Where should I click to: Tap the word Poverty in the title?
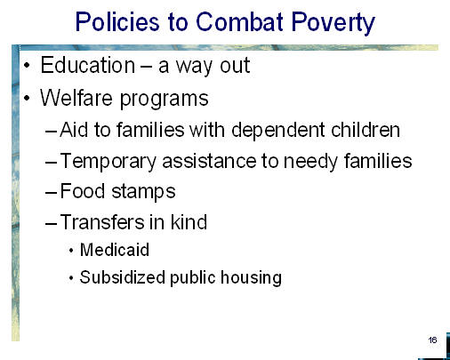pyautogui.click(x=333, y=22)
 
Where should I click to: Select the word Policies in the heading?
pyautogui.click(x=117, y=21)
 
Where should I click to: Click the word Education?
pyautogui.click(x=87, y=65)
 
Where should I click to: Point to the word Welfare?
pyautogui.click(x=76, y=98)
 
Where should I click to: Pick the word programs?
pyautogui.click(x=165, y=100)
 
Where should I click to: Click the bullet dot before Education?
pyautogui.click(x=27, y=65)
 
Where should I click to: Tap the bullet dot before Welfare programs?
pyautogui.click(x=27, y=98)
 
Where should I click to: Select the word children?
pyautogui.click(x=366, y=130)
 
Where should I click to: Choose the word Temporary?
pyautogui.click(x=108, y=163)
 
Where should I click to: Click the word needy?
pyautogui.click(x=310, y=163)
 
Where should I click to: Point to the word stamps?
pyautogui.click(x=143, y=193)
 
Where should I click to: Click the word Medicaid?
pyautogui.click(x=115, y=250)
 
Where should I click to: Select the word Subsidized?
pyautogui.click(x=122, y=277)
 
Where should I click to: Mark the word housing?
pyautogui.click(x=251, y=278)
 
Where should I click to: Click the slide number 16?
pyautogui.click(x=432, y=340)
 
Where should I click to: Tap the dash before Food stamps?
pyautogui.click(x=51, y=193)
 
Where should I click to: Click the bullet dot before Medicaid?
pyautogui.click(x=71, y=251)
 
